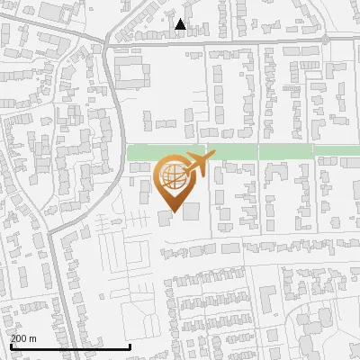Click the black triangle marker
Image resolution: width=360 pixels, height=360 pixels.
click(x=181, y=24)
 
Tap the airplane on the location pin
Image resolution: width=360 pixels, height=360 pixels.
click(x=196, y=163)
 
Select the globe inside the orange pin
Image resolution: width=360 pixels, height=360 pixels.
click(x=171, y=175)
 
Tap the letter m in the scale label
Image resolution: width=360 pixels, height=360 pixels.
click(x=34, y=339)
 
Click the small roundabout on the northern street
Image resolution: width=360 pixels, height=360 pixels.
click(x=326, y=40)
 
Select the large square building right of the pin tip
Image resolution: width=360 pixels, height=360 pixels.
click(x=192, y=211)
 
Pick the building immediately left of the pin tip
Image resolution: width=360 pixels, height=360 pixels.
click(x=163, y=218)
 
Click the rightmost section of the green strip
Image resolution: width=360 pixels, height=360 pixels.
click(x=337, y=152)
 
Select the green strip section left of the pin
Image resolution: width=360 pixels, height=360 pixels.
click(x=142, y=152)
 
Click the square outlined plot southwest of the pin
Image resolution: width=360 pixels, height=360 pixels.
click(x=129, y=255)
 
